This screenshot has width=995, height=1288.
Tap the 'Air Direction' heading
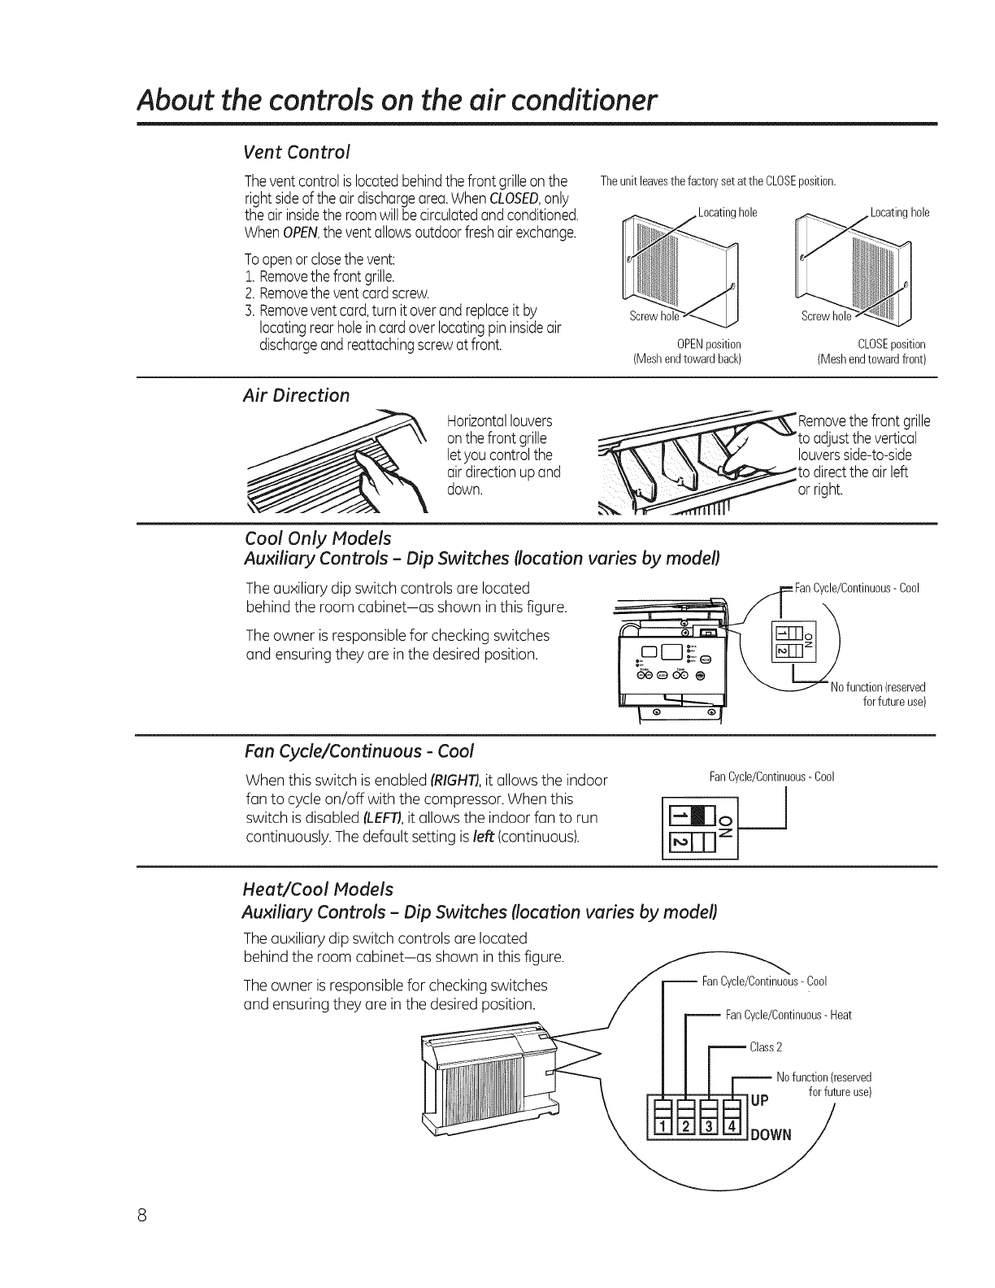[x=296, y=395]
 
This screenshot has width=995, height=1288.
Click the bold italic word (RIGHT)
[x=447, y=781]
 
